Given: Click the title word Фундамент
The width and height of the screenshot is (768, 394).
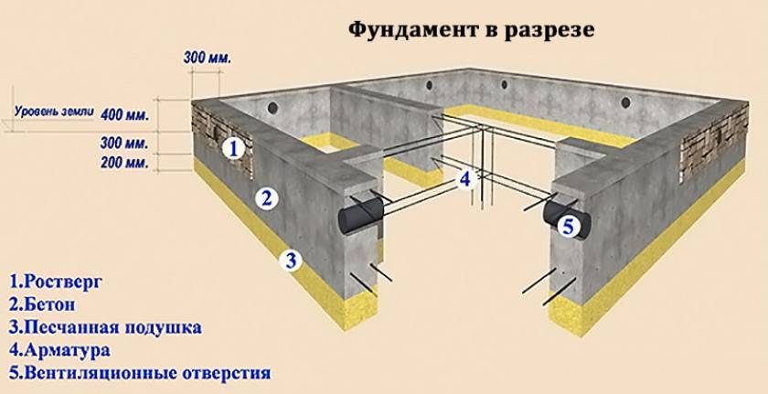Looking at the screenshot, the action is pyautogui.click(x=412, y=30).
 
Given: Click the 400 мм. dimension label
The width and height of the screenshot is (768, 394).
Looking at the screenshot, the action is pyautogui.click(x=124, y=116).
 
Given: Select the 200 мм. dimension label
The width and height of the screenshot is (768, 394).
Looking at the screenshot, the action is pyautogui.click(x=124, y=163).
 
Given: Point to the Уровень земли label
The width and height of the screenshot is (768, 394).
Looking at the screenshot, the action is pyautogui.click(x=54, y=112).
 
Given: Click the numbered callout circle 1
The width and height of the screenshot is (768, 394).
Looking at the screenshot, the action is pyautogui.click(x=233, y=148).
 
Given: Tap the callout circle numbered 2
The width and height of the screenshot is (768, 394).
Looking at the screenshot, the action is pyautogui.click(x=267, y=198).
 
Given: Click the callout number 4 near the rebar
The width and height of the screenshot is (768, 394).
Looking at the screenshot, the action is pyautogui.click(x=464, y=179).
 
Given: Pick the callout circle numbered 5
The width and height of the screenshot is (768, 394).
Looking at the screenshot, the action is pyautogui.click(x=568, y=227).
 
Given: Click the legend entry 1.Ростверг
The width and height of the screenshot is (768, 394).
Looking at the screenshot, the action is pyautogui.click(x=56, y=282).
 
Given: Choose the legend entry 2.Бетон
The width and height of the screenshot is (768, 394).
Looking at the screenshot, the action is pyautogui.click(x=42, y=304).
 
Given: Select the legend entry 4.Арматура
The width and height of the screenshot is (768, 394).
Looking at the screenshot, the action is pyautogui.click(x=59, y=350).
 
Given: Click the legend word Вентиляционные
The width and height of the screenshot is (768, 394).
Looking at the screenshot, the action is pyautogui.click(x=101, y=373).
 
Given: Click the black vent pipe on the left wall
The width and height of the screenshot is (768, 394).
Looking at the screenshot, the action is pyautogui.click(x=360, y=215).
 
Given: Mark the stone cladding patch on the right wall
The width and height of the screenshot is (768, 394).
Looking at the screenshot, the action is pyautogui.click(x=715, y=142).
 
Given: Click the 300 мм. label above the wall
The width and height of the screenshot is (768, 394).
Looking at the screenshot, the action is pyautogui.click(x=208, y=58).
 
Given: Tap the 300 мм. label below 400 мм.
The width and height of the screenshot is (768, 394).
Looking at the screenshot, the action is pyautogui.click(x=124, y=144).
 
